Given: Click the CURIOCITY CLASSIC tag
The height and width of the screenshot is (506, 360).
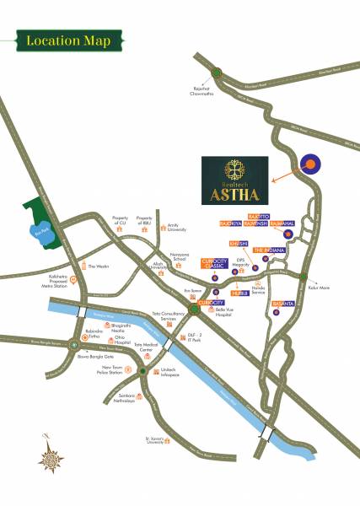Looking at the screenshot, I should pos(214,264).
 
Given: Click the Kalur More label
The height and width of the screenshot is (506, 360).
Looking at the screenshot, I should pos(319,286).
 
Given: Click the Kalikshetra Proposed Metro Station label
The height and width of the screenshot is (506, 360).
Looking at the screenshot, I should pos(43,279).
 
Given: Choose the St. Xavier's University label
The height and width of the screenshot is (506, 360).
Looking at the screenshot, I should pos(156,440).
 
